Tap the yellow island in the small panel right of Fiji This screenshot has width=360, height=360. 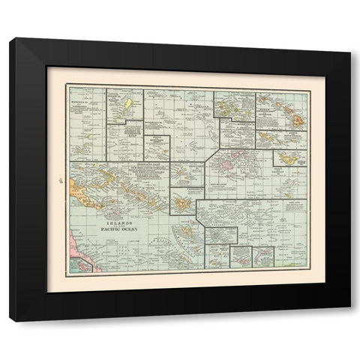[x=284, y=157]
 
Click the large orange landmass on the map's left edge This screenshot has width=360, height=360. [x=79, y=187]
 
